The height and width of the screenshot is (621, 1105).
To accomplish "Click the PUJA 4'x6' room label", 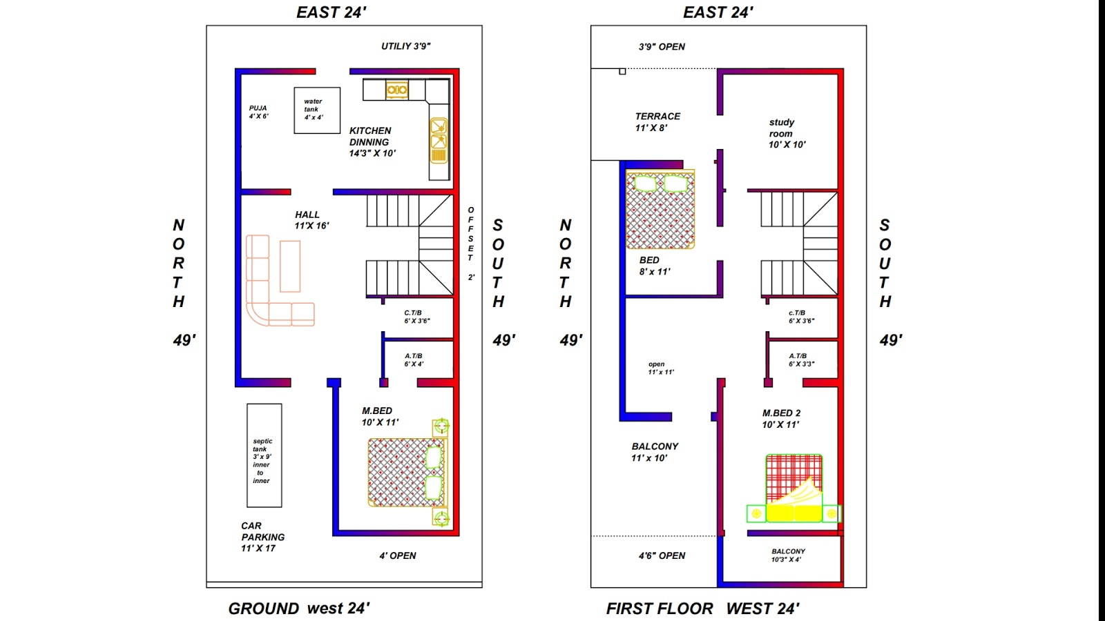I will [258, 112].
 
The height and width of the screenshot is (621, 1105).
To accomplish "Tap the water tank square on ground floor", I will [317, 110].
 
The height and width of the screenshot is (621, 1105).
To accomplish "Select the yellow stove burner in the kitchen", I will [396, 90].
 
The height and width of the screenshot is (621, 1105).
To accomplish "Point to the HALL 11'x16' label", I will [311, 220].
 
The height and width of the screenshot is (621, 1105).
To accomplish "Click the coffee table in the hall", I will [290, 266].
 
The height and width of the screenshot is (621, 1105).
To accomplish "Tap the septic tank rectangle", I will [264, 455].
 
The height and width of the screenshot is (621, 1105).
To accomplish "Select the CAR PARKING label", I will [262, 537].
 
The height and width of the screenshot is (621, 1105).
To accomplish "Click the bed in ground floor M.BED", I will [406, 472].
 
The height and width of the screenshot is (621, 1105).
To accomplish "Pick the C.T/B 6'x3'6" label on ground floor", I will [416, 317].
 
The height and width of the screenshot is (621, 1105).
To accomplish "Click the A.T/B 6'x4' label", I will [414, 359].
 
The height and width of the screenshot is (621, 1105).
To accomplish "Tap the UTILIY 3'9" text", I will [406, 46].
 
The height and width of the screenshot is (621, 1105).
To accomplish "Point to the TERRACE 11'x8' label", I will [657, 121].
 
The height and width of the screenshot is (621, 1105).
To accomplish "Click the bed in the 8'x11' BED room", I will [660, 210].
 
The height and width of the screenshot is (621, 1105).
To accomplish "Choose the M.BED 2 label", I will [781, 418].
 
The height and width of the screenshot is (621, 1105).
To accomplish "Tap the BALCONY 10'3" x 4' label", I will [788, 555].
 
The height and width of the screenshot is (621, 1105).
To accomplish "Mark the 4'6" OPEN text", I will [662, 555].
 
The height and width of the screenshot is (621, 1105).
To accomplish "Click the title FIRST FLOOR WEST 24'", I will [702, 609].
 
